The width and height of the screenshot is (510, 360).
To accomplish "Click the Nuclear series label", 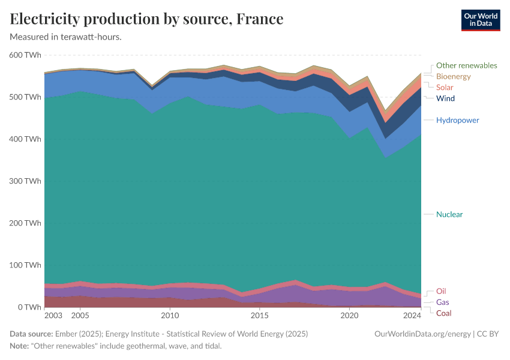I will (449, 214).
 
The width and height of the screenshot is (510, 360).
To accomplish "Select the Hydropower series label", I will (457, 120).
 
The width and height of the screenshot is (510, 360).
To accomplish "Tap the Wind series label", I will (445, 98).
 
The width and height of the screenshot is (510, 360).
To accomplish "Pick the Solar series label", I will (445, 88).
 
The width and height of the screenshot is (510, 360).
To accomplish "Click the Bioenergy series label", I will (453, 76).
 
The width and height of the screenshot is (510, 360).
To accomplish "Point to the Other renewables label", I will (466, 65).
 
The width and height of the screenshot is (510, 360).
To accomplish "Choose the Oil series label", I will (441, 291).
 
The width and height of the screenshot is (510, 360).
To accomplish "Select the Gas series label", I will (442, 302).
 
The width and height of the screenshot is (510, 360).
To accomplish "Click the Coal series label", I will (443, 313).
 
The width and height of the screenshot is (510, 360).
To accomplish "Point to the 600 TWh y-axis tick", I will (25, 55).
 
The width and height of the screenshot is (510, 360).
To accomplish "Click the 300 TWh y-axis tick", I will (25, 181).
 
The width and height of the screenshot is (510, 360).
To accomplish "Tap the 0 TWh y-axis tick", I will (29, 307).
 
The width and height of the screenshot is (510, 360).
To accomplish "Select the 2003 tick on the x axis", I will (53, 315).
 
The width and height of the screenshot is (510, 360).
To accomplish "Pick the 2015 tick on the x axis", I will (259, 315).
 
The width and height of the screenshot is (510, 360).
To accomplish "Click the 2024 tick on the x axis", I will (412, 315).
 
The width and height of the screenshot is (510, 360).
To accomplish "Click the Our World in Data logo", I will (481, 20).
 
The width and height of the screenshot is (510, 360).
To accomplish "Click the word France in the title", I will (260, 19).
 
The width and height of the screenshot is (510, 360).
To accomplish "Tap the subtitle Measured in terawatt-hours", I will (66, 37).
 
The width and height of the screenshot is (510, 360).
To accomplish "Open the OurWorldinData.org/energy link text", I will (422, 334).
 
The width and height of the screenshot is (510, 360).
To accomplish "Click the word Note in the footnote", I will (19, 346).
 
